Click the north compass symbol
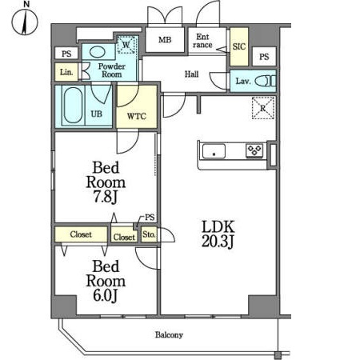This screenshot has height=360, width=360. (x=25, y=22)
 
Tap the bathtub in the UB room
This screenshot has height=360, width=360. (x=73, y=106)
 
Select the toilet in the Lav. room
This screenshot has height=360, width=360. (x=266, y=81)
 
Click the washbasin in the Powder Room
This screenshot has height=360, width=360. (x=97, y=52)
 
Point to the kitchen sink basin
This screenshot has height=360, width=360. (x=214, y=151)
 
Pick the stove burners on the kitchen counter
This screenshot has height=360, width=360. (x=254, y=150)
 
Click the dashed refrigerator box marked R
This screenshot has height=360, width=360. (x=263, y=108)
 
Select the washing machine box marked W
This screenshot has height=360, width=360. (x=127, y=44)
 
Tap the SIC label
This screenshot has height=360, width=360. (x=238, y=46)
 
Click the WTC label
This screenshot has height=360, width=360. (x=137, y=116)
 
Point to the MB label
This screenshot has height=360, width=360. (x=165, y=40)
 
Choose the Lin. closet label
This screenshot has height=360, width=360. (x=66, y=72)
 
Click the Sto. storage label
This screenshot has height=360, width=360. (x=149, y=234)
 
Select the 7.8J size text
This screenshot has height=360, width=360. (x=106, y=197)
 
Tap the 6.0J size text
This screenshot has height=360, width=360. (x=106, y=295)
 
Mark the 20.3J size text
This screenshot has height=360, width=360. (x=218, y=242)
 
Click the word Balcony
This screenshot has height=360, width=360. (x=169, y=335)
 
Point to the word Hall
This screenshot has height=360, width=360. (x=192, y=74)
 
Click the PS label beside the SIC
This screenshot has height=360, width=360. (x=264, y=57)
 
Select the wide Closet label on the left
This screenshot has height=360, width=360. (x=81, y=234)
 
